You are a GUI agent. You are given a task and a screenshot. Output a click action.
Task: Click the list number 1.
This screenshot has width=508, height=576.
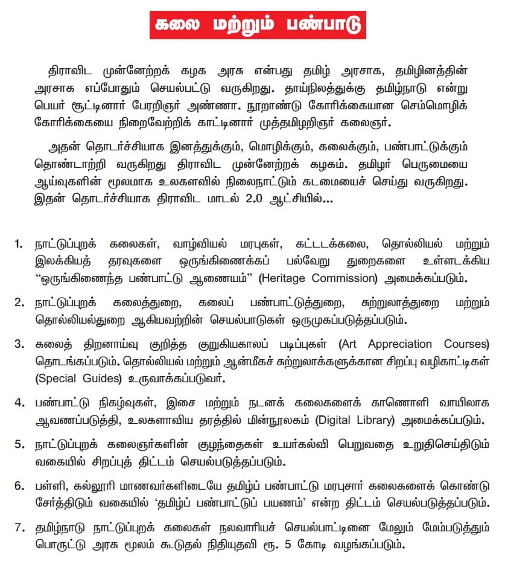tap(19, 245)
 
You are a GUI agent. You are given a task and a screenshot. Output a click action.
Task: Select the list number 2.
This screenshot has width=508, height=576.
tap(19, 301)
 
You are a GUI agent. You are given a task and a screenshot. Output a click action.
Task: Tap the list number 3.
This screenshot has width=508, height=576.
tap(19, 344)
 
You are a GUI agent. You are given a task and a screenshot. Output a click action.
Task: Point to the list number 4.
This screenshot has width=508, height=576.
tap(19, 401)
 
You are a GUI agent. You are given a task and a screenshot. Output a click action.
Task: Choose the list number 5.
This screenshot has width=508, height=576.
tap(19, 444)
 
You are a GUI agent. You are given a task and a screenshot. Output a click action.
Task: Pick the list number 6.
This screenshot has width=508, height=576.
tap(19, 486)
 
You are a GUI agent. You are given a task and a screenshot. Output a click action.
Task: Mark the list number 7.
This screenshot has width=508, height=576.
tap(19, 528)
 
